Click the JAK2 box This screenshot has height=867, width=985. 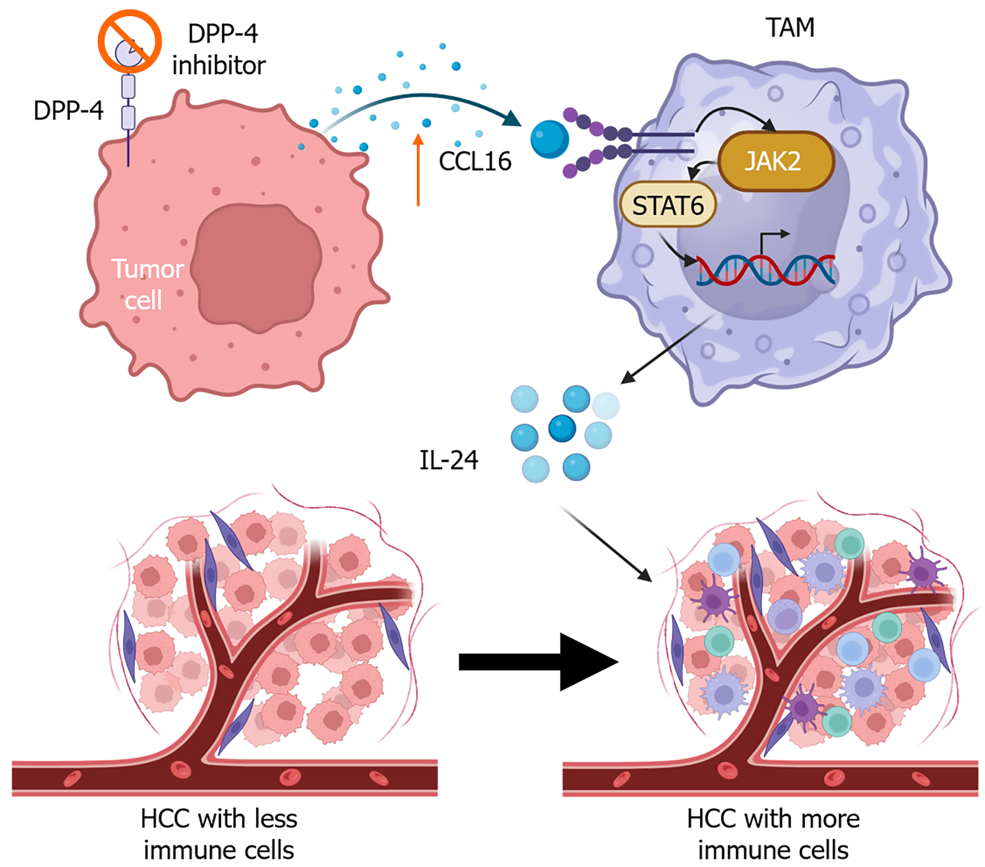pyautogui.click(x=776, y=161)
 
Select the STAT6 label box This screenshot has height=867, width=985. pyautogui.click(x=668, y=205)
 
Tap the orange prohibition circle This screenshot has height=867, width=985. pyautogui.click(x=130, y=41)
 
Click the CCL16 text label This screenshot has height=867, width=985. pyautogui.click(x=475, y=162)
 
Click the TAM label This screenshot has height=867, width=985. pyautogui.click(x=789, y=27)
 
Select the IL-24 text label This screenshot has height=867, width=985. pyautogui.click(x=449, y=460)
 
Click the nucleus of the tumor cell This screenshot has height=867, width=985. pyautogui.click(x=257, y=267)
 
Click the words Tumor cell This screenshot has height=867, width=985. pyautogui.click(x=147, y=284)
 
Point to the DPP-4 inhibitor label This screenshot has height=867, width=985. pyautogui.click(x=220, y=49)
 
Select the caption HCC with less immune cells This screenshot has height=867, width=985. pyautogui.click(x=219, y=834)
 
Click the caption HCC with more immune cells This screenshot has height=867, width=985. pyautogui.click(x=773, y=834)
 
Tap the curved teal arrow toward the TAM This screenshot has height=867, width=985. pyautogui.click(x=422, y=100)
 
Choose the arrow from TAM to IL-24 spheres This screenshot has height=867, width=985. pyautogui.click(x=667, y=348)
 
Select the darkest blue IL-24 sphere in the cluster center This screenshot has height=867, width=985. pyautogui.click(x=562, y=428)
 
